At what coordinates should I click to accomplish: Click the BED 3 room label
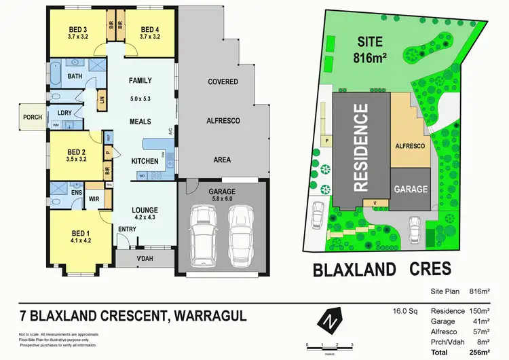point(78,29)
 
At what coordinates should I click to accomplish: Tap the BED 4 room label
point(149,29)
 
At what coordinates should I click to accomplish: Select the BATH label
point(75,77)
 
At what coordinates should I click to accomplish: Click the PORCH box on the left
point(32,117)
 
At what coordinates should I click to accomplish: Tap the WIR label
point(94,199)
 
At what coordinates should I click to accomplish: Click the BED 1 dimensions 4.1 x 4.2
point(81,240)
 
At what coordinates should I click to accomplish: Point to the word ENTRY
point(128,229)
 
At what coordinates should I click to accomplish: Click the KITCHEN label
point(145,161)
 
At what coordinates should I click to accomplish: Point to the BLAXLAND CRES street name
point(381,269)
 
